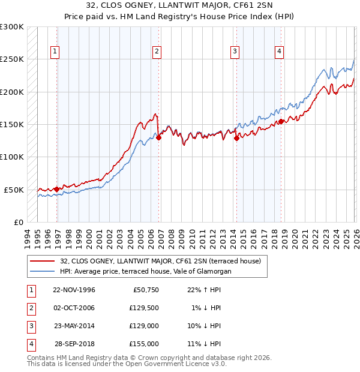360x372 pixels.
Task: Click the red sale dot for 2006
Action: (159, 137)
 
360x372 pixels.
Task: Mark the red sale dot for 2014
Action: (236, 138)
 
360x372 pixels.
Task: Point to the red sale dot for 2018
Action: (281, 121)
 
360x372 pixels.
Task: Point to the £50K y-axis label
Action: (14, 190)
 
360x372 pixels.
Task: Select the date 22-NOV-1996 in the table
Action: (74, 290)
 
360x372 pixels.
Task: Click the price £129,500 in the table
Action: (144, 308)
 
